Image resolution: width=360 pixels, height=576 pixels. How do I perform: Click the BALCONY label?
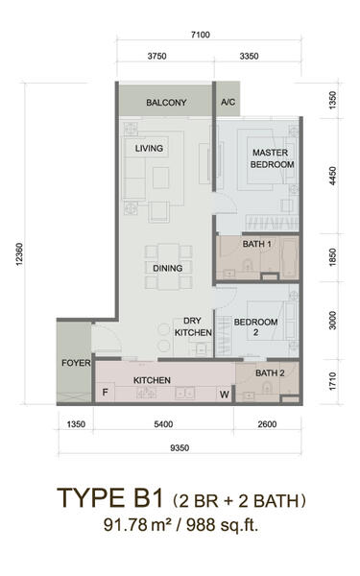click(166, 103)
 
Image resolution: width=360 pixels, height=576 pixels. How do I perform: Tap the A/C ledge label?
click(228, 102)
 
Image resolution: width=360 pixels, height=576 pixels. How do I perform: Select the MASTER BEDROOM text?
click(273, 158)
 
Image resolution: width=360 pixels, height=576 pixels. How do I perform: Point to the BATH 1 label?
click(256, 244)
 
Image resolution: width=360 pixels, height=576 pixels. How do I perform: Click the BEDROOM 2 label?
click(255, 327)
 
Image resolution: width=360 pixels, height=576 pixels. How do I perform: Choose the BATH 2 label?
click(270, 372)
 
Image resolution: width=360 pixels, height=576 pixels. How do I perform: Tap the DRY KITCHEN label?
click(193, 326)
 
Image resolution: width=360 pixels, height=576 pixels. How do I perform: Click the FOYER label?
click(76, 363)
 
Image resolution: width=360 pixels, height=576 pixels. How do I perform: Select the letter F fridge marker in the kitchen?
click(105, 393)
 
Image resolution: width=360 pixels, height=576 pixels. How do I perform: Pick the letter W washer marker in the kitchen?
click(225, 395)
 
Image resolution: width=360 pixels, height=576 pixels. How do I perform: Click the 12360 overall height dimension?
click(20, 254)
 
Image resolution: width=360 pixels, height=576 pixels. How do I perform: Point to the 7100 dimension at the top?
click(201, 35)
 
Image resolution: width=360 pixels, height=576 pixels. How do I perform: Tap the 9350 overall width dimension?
click(180, 447)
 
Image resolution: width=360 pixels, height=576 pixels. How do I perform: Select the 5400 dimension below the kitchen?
click(163, 424)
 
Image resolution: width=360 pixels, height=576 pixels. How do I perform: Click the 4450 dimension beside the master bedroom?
click(332, 176)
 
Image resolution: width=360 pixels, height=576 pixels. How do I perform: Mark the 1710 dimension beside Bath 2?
click(332, 381)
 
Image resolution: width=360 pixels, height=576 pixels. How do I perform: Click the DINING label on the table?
click(168, 268)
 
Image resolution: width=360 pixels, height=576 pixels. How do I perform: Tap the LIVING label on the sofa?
click(149, 149)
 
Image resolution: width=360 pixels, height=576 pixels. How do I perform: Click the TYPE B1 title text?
click(109, 498)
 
